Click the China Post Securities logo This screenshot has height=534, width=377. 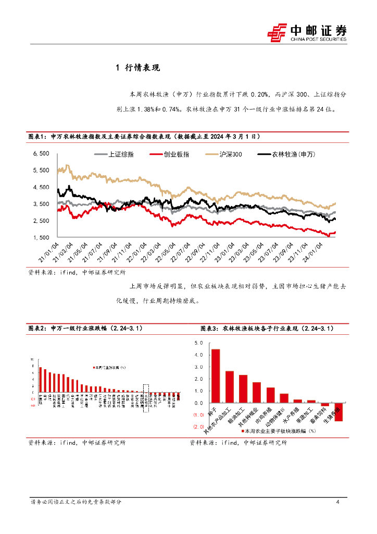(307, 32)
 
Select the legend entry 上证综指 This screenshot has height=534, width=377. (115, 154)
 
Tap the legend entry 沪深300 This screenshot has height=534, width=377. (224, 154)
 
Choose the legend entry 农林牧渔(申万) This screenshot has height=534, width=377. (287, 154)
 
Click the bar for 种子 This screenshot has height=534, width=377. (215, 376)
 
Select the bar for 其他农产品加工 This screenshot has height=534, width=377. (229, 387)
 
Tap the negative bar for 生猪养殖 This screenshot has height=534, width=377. (338, 412)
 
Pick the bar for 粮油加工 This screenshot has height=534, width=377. (243, 389)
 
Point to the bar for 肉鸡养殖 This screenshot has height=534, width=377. (270, 395)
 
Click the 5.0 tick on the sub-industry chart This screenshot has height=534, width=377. (198, 343)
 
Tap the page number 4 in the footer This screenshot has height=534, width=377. (338, 502)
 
